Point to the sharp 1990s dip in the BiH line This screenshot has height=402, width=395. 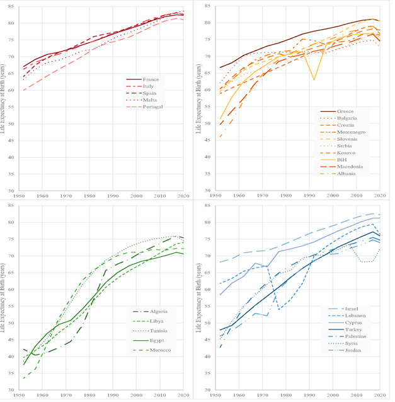tap(314, 80)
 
